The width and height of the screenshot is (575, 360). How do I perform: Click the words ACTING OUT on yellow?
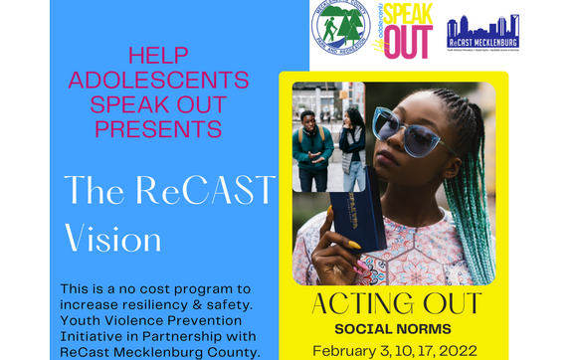(x=395, y=303)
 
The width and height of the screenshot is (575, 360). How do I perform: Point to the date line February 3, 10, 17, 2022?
(x=395, y=350)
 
